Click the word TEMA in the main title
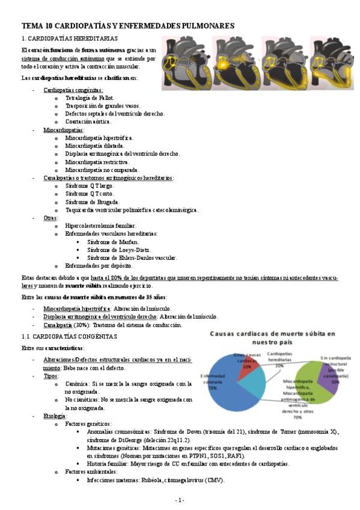coord(31,25)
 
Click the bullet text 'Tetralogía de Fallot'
coord(89,97)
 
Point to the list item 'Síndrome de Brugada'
coord(92,201)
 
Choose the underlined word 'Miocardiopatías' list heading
coord(64,129)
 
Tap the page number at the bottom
coord(179,500)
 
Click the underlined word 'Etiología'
coord(55,416)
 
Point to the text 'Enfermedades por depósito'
coord(99,265)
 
